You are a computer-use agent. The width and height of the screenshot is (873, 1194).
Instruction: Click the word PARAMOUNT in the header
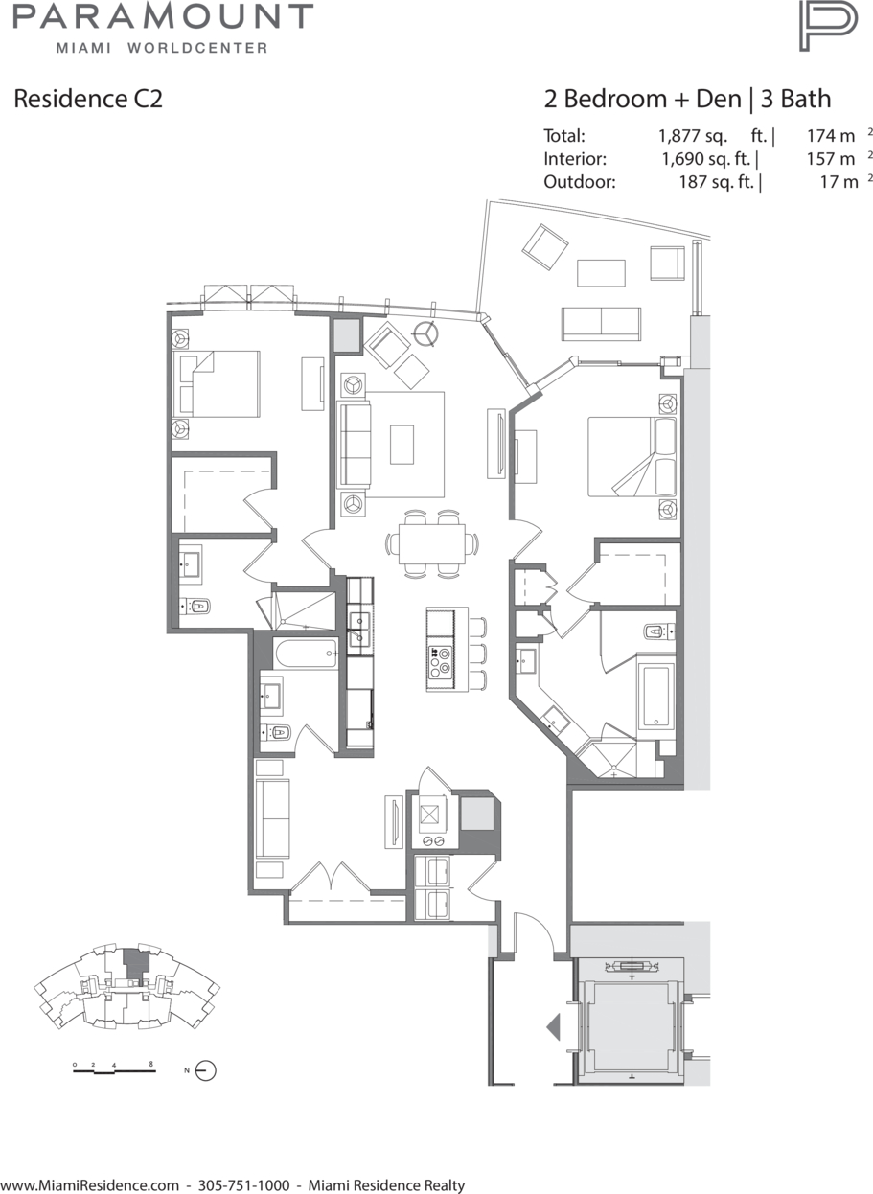click(x=163, y=16)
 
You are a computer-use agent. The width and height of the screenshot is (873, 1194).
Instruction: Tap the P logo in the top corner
click(x=828, y=26)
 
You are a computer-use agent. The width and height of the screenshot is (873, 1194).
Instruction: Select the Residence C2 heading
click(x=88, y=99)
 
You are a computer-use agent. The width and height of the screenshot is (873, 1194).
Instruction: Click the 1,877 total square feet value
click(x=693, y=136)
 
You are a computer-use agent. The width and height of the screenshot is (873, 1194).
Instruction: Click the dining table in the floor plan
click(x=431, y=543)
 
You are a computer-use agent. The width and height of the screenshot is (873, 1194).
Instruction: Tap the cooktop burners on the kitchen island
click(x=440, y=661)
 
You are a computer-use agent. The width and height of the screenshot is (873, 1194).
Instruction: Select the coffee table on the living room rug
click(x=402, y=445)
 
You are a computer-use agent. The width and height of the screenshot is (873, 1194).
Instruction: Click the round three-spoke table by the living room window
click(x=425, y=334)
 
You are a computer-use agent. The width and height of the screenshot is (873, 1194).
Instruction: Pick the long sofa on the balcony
click(x=601, y=324)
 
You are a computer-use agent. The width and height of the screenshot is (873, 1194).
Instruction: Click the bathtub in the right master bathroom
click(x=656, y=695)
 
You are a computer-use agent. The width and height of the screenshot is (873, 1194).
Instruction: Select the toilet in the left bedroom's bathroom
click(x=196, y=607)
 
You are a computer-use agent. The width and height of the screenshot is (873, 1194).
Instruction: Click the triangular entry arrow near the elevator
click(x=553, y=1026)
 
